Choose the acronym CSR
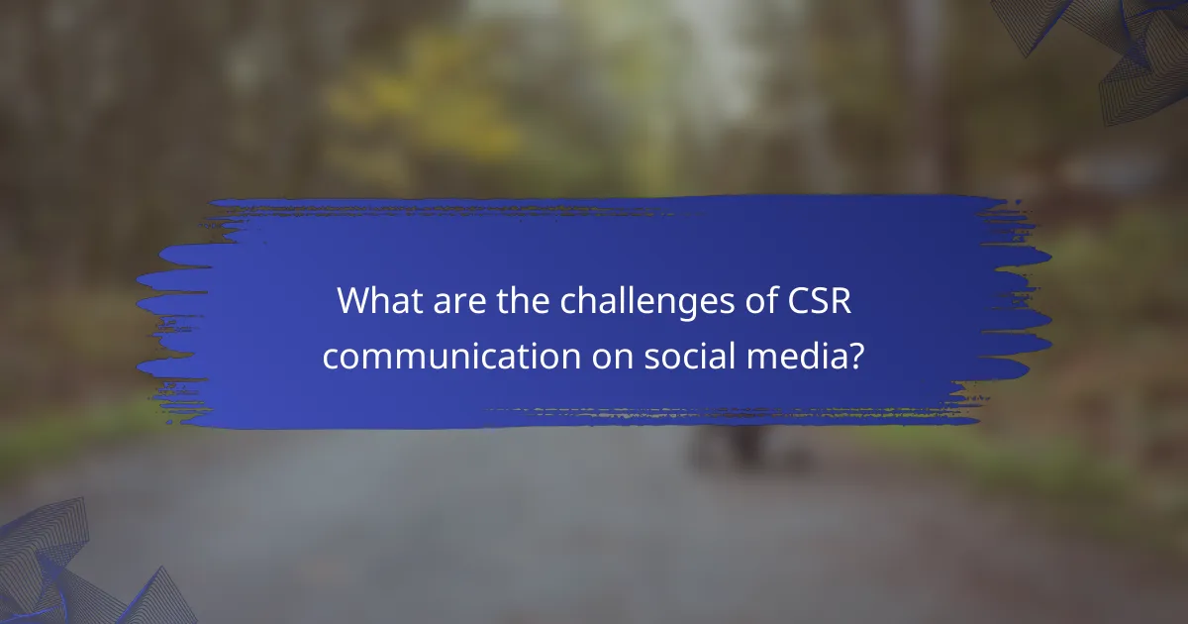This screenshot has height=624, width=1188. (x=816, y=302)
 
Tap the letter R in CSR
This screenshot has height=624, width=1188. (x=840, y=302)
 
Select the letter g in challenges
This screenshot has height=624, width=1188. (x=681, y=306)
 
